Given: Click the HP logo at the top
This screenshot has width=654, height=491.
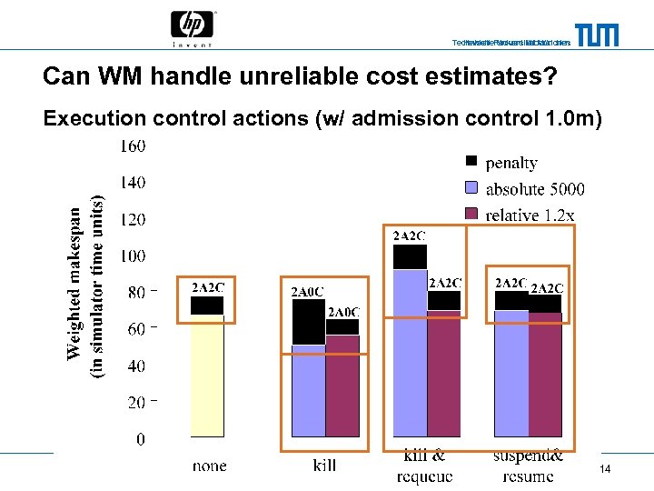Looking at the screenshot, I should pos(193,26).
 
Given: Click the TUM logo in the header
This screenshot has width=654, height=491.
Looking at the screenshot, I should pos(597,35).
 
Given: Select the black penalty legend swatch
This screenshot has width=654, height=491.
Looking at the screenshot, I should pos(471,162).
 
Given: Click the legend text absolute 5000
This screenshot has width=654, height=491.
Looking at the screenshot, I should pos(535,189).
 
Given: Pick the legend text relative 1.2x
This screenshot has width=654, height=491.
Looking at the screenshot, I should pos(530,215).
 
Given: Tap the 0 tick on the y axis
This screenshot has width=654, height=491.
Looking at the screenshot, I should pos(140,439).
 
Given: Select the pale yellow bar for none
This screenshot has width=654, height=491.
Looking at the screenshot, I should pos(207,376).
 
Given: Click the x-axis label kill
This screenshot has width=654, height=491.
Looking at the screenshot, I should pos(324,466).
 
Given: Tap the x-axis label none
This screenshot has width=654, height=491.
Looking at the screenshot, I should pos(210,466).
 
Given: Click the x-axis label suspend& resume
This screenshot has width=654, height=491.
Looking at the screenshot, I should pos(528,466).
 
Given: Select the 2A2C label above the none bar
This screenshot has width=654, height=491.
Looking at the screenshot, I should pos(207,287).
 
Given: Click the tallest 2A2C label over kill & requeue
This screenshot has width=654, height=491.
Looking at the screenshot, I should pos(409,236).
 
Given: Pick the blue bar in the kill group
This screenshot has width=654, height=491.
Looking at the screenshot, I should pos(309,391).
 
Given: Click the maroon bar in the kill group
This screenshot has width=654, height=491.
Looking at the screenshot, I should pos(342,386).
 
